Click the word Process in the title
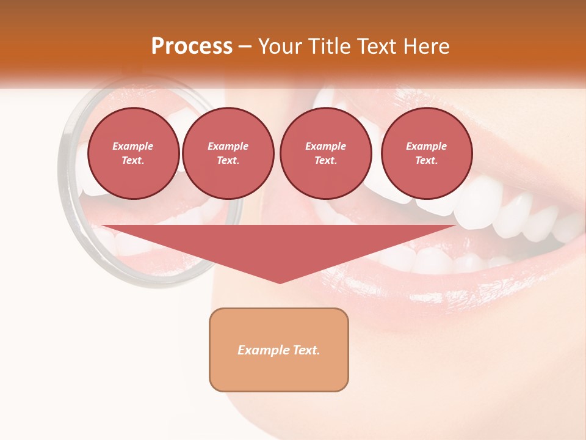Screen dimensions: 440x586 pos(192,46)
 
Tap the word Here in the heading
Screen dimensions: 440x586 pos(425,46)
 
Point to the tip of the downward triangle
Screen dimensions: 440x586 pos(280,282)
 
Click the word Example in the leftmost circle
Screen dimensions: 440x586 pos(133,146)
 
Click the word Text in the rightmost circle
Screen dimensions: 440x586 pos(426,160)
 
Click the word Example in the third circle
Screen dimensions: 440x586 pos(325,146)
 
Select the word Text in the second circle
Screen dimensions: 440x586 pos(228,160)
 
